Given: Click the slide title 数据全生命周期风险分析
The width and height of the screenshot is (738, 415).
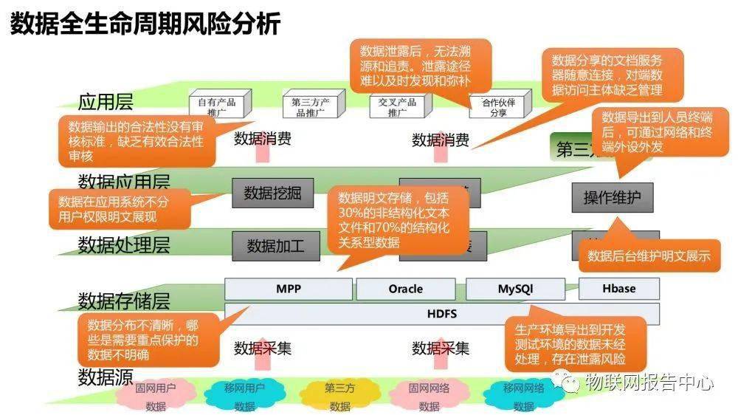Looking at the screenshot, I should click(145, 24).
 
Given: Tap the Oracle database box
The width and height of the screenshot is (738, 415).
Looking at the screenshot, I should click(405, 289).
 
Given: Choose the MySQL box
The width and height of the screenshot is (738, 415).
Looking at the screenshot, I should click(514, 289).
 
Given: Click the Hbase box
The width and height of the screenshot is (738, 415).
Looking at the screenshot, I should click(618, 288).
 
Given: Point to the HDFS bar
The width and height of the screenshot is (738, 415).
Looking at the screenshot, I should click(441, 314).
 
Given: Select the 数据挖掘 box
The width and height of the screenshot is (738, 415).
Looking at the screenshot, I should click(272, 193).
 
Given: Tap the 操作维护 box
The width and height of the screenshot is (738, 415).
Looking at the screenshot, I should click(612, 197).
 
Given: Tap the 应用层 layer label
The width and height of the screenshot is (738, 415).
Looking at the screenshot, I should click(106, 102).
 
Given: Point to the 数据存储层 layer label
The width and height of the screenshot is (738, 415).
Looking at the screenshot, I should click(124, 301).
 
